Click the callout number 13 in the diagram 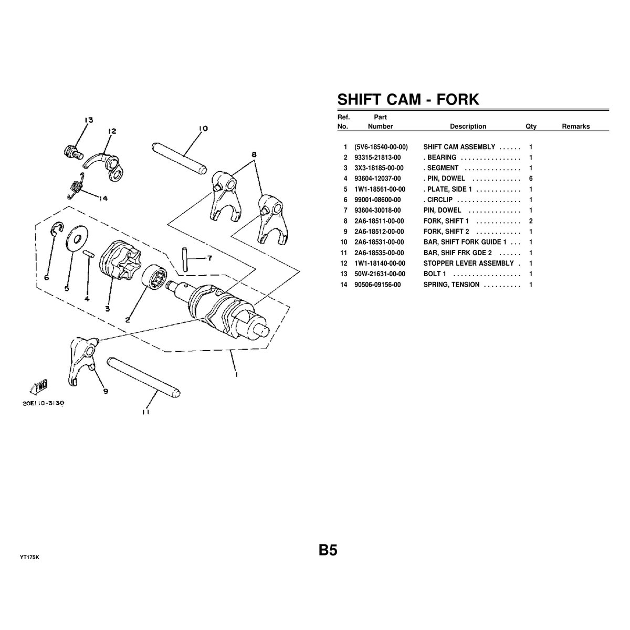tap(89, 120)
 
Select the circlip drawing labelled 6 tap(56, 228)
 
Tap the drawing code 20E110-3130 tap(43, 403)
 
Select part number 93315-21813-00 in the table tap(377, 157)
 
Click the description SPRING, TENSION tap(451, 285)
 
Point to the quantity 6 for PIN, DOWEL tap(531, 178)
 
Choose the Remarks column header tap(576, 127)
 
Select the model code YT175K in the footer tap(29, 558)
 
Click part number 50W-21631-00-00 tap(380, 274)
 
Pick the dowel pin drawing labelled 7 tap(185, 259)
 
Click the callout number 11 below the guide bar tap(146, 412)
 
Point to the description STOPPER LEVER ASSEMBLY tap(468, 264)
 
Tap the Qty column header tap(531, 127)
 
